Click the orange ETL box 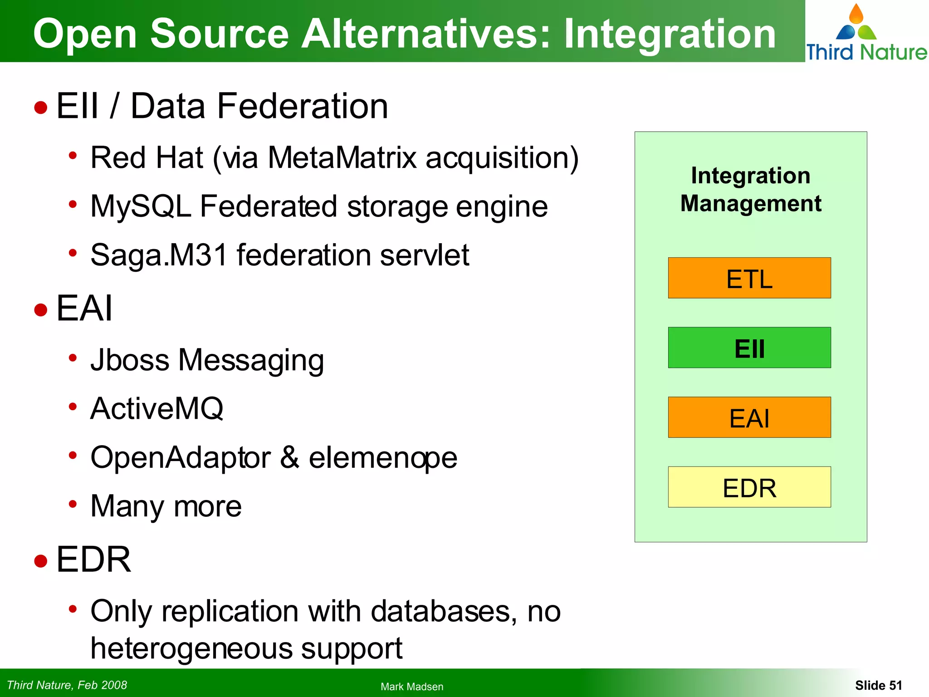[749, 278]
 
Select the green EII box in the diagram [749, 348]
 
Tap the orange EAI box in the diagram [749, 417]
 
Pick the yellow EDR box [749, 487]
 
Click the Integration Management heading [750, 189]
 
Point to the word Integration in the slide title [670, 34]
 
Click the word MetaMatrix [342, 158]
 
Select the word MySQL [141, 206]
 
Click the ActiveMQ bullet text [157, 408]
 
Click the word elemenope [383, 457]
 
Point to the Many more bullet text [166, 506]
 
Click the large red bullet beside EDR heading [41, 561]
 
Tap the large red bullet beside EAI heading [41, 310]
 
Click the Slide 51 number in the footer [878, 685]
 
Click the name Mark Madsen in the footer [412, 687]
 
